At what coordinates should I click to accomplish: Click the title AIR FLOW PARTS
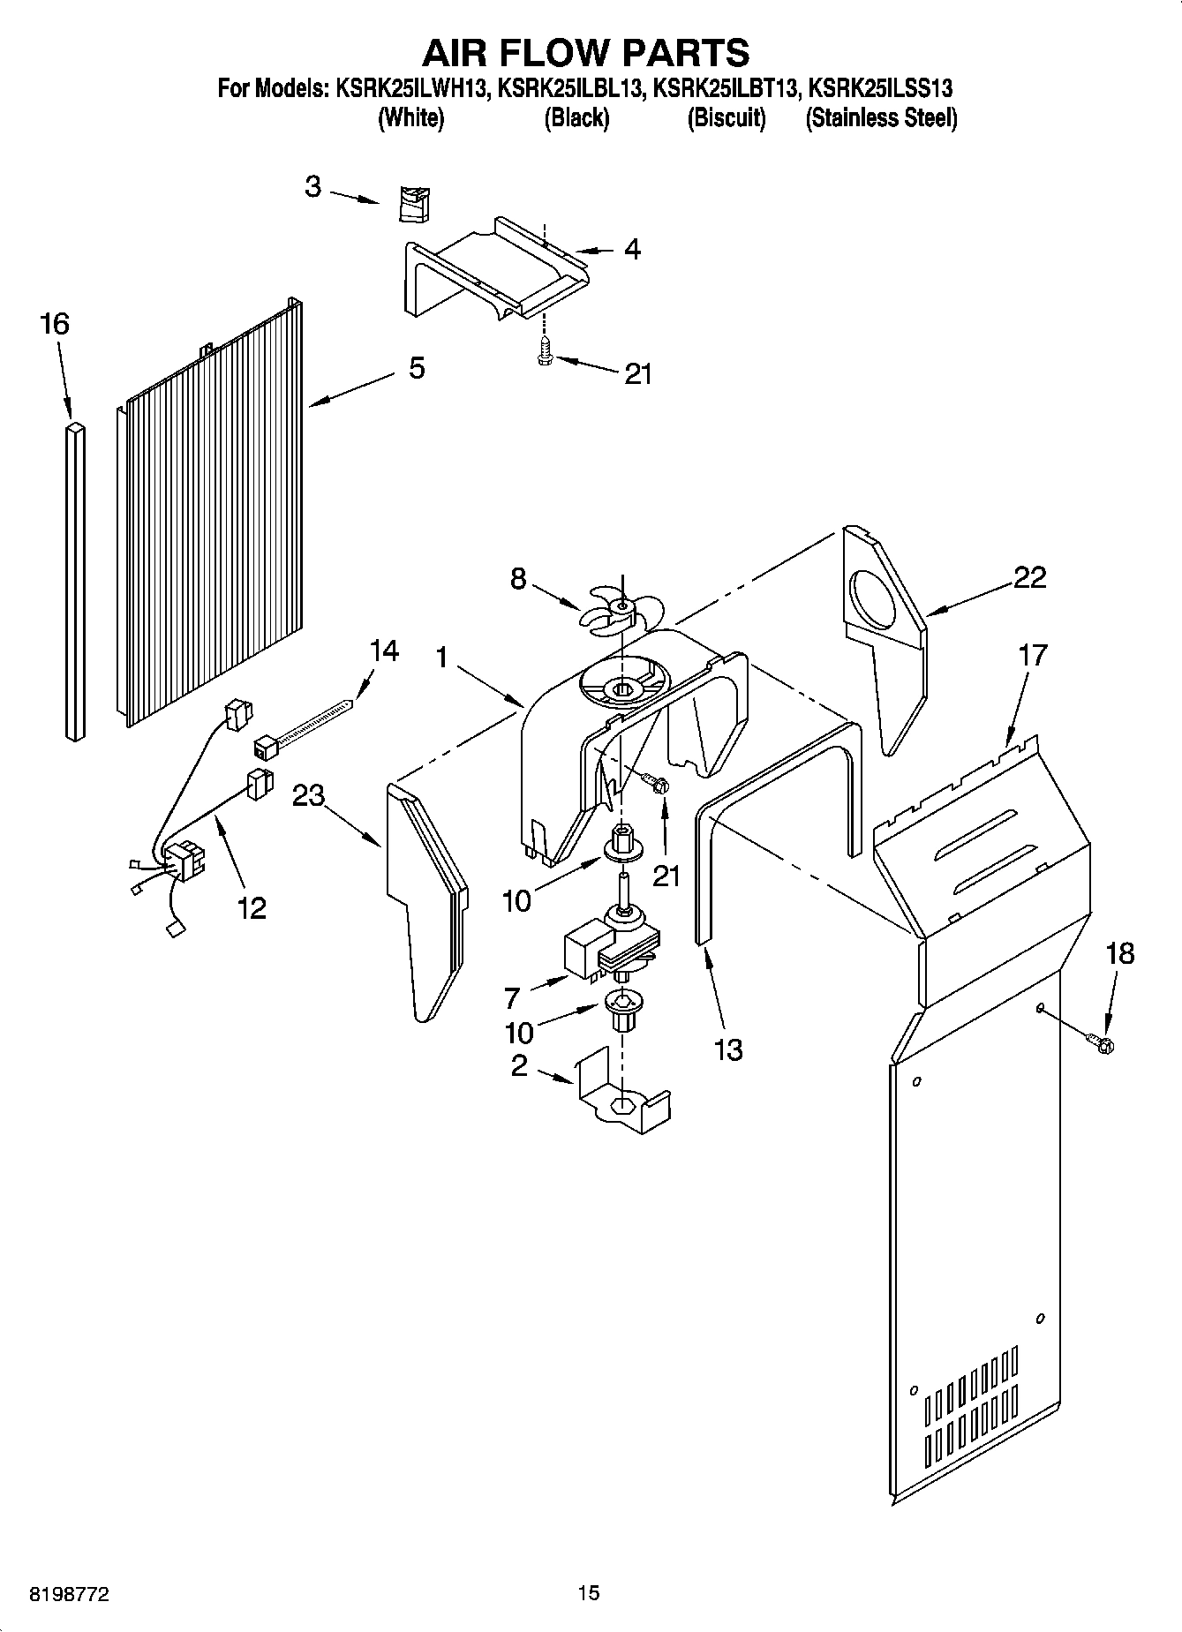pyautogui.click(x=585, y=53)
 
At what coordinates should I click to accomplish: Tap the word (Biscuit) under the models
pyautogui.click(x=726, y=118)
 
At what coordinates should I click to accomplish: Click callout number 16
pyautogui.click(x=54, y=324)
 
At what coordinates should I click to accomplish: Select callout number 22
pyautogui.click(x=1029, y=577)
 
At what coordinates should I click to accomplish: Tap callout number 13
pyautogui.click(x=727, y=1049)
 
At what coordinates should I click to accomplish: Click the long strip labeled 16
pyautogui.click(x=75, y=578)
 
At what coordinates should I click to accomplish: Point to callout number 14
pyautogui.click(x=383, y=651)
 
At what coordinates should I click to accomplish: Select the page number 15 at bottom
pyautogui.click(x=589, y=1592)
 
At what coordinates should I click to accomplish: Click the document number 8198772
pyautogui.click(x=69, y=1593)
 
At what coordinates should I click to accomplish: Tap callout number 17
pyautogui.click(x=1032, y=655)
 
